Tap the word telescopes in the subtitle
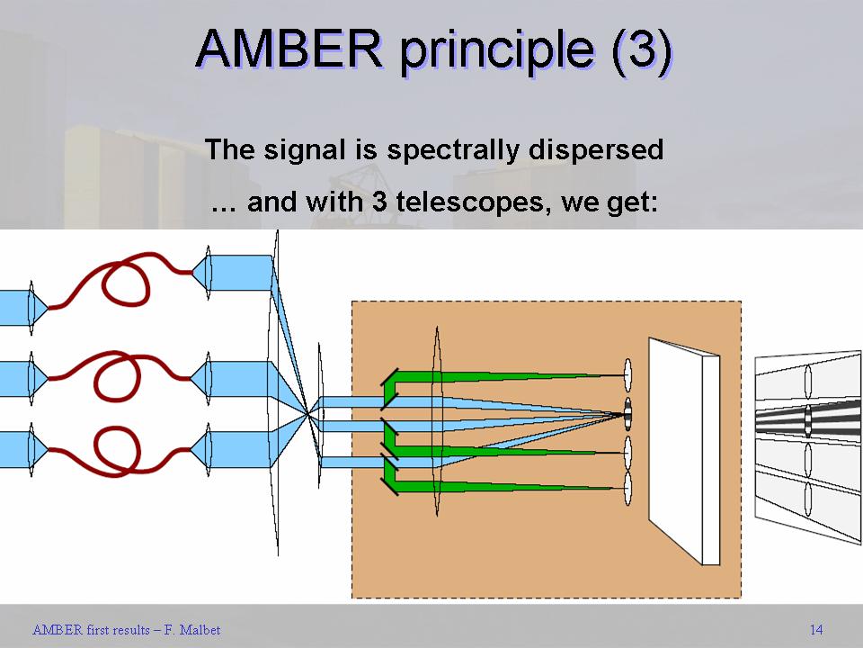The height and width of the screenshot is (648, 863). [x=474, y=202]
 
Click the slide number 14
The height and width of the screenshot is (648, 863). [x=815, y=629]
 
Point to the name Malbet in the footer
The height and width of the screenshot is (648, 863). [x=200, y=630]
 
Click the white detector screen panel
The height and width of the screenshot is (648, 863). [x=683, y=450]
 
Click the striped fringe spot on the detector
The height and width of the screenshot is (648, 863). [x=628, y=415]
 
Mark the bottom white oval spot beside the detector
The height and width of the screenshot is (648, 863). [x=628, y=489]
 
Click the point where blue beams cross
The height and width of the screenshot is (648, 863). [x=309, y=413]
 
